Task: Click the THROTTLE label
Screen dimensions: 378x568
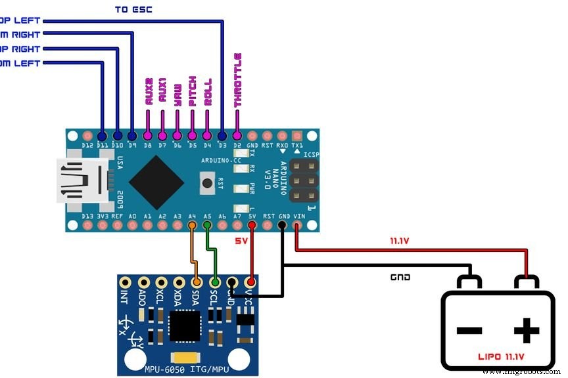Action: [237, 80]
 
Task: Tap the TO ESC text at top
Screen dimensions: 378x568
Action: [134, 9]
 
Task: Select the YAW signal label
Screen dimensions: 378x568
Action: [177, 98]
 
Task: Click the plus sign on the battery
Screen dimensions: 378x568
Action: [526, 331]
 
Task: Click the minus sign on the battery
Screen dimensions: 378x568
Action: [469, 331]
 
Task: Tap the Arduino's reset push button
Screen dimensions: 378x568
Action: [208, 182]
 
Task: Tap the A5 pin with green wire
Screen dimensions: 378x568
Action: [208, 226]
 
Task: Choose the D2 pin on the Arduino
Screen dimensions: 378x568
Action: [237, 134]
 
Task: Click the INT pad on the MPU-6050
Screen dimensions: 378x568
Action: [124, 283]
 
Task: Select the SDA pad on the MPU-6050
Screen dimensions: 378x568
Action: [196, 283]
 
